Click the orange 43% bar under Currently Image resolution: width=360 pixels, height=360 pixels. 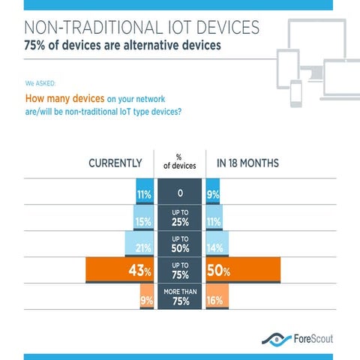120,271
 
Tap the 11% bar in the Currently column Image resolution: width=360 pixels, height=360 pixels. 145,193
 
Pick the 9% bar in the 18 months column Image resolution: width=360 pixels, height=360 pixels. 213,193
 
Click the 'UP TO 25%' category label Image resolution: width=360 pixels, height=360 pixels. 180,219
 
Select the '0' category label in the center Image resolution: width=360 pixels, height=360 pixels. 180,193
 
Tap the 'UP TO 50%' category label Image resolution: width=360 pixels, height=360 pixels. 180,244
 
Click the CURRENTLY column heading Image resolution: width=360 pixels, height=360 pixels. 115,163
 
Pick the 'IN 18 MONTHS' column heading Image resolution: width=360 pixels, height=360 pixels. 247,163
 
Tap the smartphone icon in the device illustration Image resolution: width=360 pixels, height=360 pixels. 295,94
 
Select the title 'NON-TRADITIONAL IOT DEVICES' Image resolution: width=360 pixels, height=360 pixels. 142,28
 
